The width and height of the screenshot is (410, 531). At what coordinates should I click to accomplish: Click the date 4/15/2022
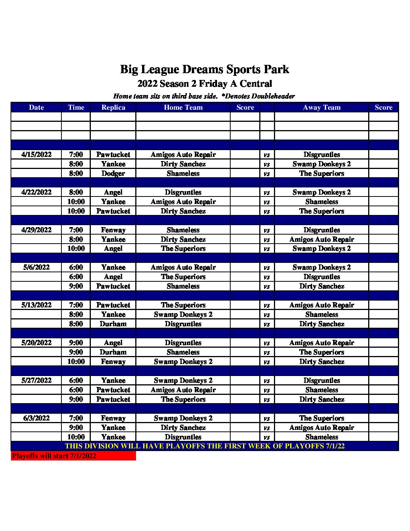point(36,155)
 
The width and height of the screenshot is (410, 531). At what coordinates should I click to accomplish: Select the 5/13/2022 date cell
point(36,305)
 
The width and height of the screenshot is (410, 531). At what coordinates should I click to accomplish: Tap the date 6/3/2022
point(36,418)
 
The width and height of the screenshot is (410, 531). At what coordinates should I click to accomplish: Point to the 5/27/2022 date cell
point(36,381)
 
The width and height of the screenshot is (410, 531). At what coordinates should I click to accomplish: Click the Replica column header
point(113,107)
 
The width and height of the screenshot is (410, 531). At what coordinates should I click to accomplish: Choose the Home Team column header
point(183,107)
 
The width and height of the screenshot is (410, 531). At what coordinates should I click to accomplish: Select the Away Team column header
point(321,107)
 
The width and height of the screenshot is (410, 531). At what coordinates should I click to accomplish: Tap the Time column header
point(76,107)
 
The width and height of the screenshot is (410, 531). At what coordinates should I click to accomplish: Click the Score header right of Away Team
point(383,107)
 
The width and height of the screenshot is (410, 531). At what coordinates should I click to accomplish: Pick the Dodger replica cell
point(113,173)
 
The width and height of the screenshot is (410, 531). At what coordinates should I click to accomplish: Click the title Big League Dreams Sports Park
point(205,69)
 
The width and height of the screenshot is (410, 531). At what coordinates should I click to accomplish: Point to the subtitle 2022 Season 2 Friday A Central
point(205,84)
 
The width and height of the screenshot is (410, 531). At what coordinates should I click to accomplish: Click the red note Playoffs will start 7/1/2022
point(54,456)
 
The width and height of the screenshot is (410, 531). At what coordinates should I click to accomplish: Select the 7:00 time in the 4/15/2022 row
point(76,155)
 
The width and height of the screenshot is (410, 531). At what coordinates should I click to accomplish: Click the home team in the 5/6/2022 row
point(183,267)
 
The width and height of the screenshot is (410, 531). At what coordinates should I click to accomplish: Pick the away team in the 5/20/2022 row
point(321,343)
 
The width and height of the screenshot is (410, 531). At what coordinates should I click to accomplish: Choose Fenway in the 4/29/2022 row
point(113,230)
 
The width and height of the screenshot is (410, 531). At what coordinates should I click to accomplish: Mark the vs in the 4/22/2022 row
point(267,192)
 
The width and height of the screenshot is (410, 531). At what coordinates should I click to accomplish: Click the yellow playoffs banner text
point(205,446)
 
